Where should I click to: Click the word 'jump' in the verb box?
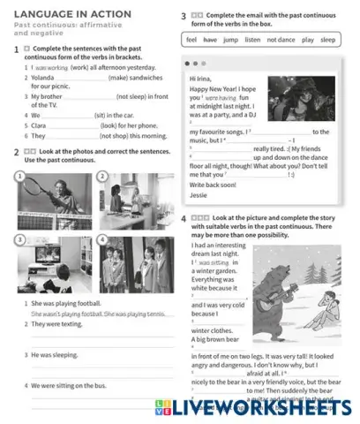230,41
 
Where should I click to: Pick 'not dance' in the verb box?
281,41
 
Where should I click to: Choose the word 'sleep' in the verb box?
328,41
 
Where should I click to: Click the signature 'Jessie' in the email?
199,195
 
